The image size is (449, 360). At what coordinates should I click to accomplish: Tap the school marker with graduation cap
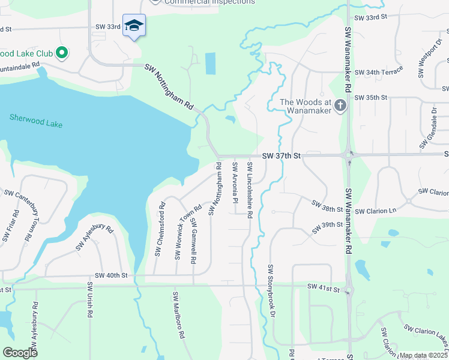point(134,26)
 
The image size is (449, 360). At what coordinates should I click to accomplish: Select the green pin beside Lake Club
point(62,53)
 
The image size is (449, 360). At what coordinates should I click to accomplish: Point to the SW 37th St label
point(282,156)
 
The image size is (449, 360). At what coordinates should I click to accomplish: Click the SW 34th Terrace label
point(379,73)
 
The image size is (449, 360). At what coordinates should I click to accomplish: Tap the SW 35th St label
point(372,97)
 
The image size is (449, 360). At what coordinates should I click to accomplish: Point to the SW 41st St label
point(324,289)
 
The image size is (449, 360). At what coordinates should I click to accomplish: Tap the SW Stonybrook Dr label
point(271,291)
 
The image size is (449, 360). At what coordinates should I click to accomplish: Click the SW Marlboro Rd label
point(178,316)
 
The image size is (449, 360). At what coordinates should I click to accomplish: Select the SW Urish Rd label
point(89,300)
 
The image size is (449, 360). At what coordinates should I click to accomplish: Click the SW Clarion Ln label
point(376,211)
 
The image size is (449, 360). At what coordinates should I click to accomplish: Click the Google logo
point(20,352)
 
